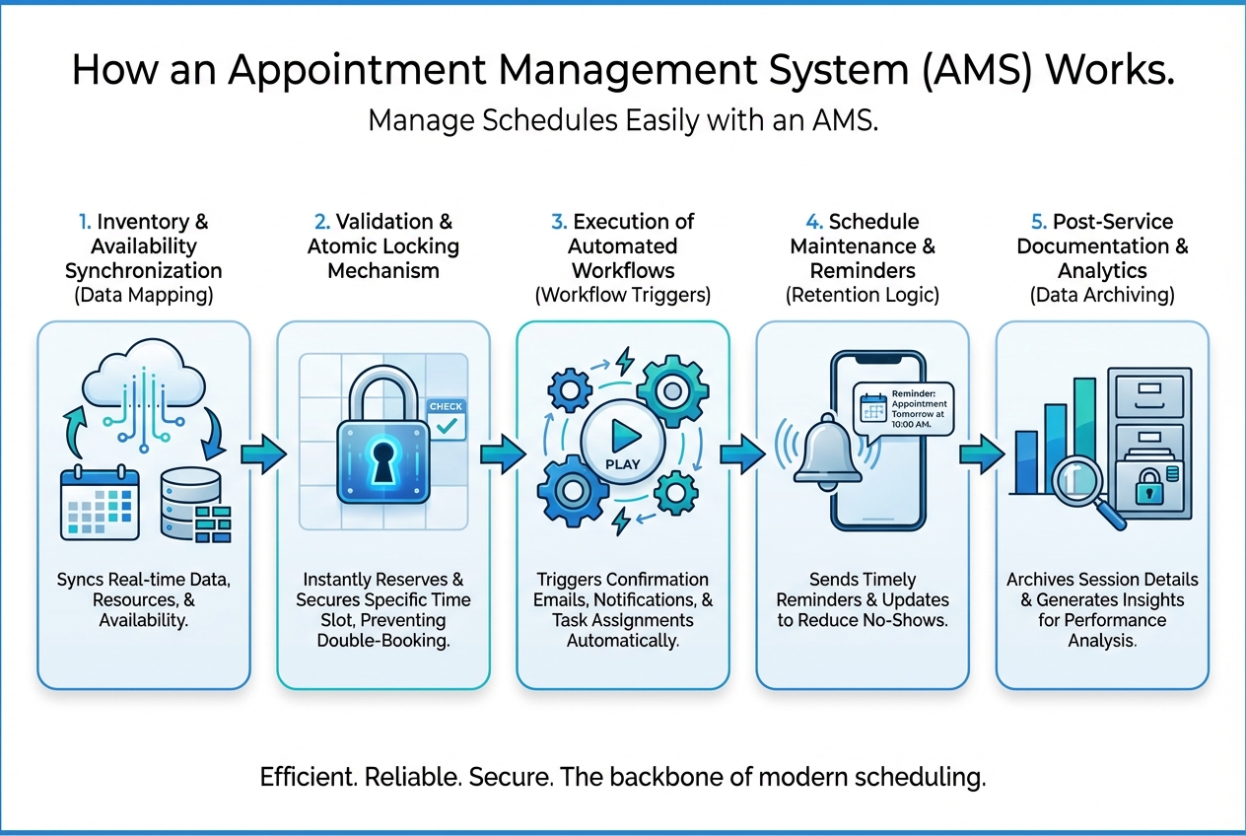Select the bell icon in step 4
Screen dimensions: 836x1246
coord(828,452)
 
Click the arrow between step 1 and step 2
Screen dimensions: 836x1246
coord(262,455)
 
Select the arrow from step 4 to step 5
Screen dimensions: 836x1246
coord(981,455)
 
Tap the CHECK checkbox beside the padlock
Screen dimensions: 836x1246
coord(446,419)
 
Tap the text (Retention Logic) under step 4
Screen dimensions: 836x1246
coord(863,294)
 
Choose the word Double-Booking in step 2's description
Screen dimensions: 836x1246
coord(382,641)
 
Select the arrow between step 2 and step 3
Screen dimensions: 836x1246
coord(503,455)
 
